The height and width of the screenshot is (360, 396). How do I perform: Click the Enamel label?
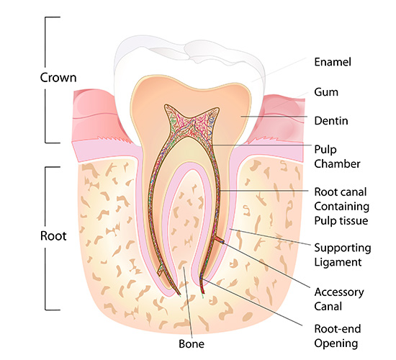click(333, 62)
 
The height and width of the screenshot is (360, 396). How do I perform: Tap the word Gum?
click(326, 92)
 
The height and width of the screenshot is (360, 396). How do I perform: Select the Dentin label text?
click(331, 121)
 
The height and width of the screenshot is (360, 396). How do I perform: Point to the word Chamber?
click(337, 164)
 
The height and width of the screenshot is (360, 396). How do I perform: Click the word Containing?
click(342, 207)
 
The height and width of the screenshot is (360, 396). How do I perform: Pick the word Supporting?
click(343, 248)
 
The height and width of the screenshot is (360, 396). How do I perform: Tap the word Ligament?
click(338, 262)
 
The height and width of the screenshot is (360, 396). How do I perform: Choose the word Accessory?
click(339, 292)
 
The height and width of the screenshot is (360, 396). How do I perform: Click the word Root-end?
click(338, 329)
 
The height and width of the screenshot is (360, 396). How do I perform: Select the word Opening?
click(336, 343)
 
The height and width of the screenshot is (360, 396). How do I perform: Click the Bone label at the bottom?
click(192, 344)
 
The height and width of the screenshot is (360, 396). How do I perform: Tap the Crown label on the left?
click(58, 78)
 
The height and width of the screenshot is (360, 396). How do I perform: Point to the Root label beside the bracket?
click(53, 236)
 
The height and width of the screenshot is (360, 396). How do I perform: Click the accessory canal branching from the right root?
click(219, 240)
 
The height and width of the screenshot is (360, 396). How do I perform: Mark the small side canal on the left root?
click(161, 271)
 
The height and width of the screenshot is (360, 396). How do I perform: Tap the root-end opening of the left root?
click(179, 294)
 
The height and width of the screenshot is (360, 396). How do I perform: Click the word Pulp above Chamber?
click(325, 150)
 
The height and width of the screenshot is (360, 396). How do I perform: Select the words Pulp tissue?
click(341, 221)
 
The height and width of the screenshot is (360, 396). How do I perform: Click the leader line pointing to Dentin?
click(274, 117)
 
